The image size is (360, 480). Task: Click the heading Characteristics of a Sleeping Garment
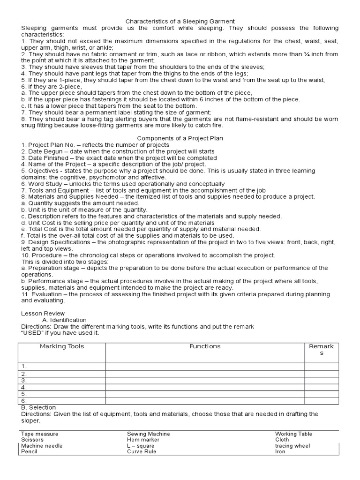click(180, 22)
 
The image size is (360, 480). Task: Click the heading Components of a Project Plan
click(180, 139)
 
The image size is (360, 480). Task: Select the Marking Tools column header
click(62, 346)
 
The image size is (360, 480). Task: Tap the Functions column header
click(205, 346)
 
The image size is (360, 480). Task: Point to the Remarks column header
click(321, 350)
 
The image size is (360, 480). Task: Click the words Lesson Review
click(43, 313)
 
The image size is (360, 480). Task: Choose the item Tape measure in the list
click(40, 434)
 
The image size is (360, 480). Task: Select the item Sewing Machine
click(148, 434)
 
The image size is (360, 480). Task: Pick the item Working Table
click(293, 434)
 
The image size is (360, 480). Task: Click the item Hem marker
click(143, 440)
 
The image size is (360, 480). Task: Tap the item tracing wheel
click(292, 446)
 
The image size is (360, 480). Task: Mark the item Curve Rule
click(142, 451)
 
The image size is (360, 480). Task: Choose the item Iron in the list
click(280, 451)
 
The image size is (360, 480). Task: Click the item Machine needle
click(42, 446)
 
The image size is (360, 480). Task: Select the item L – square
click(140, 446)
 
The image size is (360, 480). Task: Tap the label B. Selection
click(38, 407)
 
